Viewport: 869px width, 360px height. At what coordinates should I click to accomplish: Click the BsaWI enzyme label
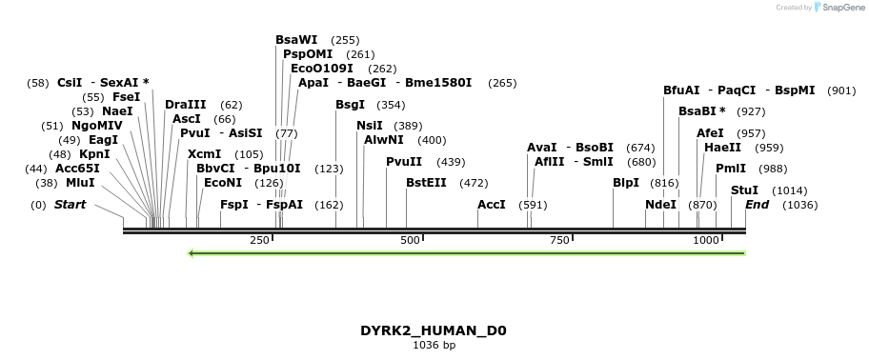pos(296,40)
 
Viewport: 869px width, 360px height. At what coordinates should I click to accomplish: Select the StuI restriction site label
pos(744,190)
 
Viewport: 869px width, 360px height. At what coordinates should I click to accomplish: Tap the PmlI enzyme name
pos(731,169)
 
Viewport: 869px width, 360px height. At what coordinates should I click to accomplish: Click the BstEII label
pos(426,182)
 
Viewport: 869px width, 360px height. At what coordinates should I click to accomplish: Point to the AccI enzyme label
pos(492,205)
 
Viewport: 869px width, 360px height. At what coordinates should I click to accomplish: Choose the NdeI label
pos(660,205)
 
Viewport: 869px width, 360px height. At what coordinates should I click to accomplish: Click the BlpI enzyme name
pos(626,182)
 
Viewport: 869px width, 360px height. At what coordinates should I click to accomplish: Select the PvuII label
pos(404,162)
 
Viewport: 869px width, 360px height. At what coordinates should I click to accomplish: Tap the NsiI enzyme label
pos(370,126)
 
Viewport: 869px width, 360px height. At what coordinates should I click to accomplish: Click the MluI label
pos(80,182)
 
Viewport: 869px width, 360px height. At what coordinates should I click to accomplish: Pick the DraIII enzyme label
pos(185,105)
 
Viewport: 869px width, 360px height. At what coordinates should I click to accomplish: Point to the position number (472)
pos(474,182)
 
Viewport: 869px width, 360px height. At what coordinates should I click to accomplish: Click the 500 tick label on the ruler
pos(411,241)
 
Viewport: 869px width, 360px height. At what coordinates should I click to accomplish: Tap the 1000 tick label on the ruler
pos(706,241)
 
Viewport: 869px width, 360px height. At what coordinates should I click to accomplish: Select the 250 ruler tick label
pos(260,241)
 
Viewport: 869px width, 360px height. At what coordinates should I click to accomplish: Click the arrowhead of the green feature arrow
pos(192,253)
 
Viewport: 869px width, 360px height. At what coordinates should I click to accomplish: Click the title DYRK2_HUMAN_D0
pos(434,330)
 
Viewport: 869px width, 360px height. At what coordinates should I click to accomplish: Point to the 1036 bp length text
pos(434,345)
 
